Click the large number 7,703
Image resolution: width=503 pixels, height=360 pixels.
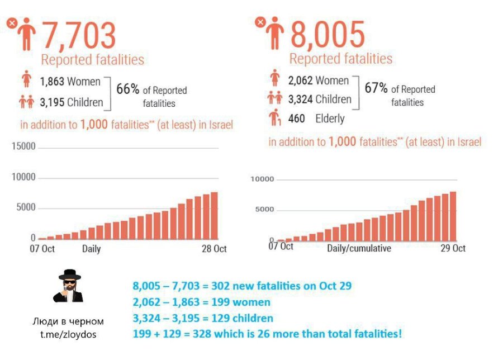coord(79,36)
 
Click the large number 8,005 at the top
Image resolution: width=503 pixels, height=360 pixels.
coord(328,35)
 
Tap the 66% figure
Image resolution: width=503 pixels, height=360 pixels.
coord(127,89)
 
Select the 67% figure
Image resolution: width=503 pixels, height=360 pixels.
coord(376,88)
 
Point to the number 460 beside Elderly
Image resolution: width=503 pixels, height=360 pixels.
coord(296,119)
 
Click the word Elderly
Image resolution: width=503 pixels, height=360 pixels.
coord(330,119)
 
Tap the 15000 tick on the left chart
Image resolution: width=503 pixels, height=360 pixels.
coord(23,146)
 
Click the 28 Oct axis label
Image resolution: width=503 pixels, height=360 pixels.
coord(214,249)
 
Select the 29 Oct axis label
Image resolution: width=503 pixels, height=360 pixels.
coord(453,248)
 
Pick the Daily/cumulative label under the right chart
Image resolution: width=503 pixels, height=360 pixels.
coord(359,248)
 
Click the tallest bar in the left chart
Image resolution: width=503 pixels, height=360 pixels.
coord(214,216)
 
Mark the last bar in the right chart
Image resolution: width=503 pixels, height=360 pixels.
coord(453,216)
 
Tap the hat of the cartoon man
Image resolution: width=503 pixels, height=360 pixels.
coord(70,274)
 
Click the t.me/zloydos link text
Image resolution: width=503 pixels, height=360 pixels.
coord(68,334)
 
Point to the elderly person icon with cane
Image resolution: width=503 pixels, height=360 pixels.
coord(274,117)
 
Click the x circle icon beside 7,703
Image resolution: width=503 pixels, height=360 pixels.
coord(12,23)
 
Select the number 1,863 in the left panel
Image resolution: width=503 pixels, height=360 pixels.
coord(52,82)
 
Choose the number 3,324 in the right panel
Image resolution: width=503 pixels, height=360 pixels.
coord(300,100)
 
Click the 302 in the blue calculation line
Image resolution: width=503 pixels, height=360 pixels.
coord(220,286)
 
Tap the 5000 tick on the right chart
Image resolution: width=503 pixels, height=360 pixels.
coord(265,209)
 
